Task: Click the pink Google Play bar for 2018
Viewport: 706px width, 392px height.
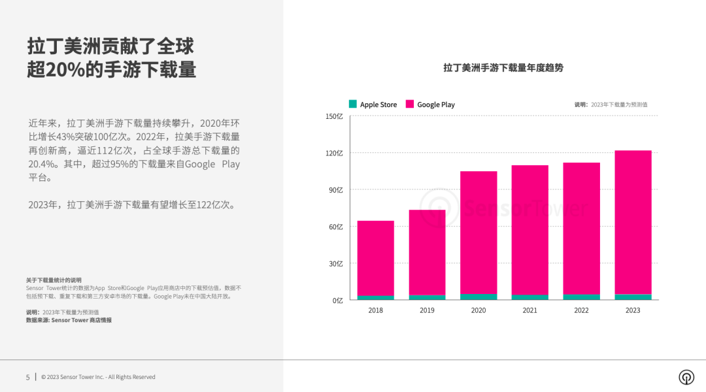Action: pyautogui.click(x=376, y=258)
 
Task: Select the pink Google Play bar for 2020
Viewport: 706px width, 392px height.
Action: pyautogui.click(x=479, y=232)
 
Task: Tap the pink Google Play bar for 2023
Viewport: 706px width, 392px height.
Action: pyautogui.click(x=633, y=222)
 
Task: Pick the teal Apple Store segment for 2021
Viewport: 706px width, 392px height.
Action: pyautogui.click(x=530, y=297)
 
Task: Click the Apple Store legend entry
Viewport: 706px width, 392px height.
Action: pyautogui.click(x=373, y=105)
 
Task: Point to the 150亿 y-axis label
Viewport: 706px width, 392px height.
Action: pyautogui.click(x=334, y=116)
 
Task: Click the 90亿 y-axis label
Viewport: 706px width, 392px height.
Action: pyautogui.click(x=335, y=190)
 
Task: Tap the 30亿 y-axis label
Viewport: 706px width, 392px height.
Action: pyautogui.click(x=335, y=264)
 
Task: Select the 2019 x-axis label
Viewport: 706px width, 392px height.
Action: pyautogui.click(x=427, y=310)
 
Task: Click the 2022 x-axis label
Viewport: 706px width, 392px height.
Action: pyautogui.click(x=581, y=310)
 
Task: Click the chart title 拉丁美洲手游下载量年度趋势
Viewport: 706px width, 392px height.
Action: pyautogui.click(x=503, y=68)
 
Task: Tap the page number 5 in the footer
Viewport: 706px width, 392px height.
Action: pyautogui.click(x=27, y=377)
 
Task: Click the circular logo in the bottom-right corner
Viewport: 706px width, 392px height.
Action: pyautogui.click(x=686, y=377)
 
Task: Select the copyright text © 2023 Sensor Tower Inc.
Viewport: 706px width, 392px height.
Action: pyautogui.click(x=98, y=377)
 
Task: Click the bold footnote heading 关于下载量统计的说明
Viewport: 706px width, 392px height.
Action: pyautogui.click(x=54, y=280)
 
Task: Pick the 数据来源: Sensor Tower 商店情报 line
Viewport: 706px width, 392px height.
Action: pyautogui.click(x=69, y=320)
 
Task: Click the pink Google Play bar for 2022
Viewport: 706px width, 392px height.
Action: pyautogui.click(x=581, y=229)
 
